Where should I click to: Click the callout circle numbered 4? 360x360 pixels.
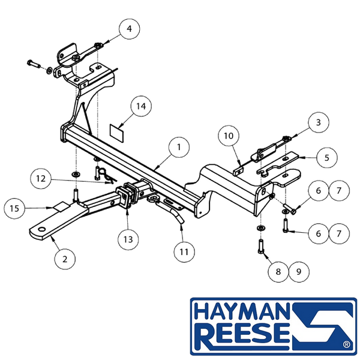point(129,29)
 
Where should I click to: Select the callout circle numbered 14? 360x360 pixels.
point(141,107)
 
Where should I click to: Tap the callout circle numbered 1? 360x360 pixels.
point(179,147)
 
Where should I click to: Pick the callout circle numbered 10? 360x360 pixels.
point(229,136)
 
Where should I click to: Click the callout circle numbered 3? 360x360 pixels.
point(319,122)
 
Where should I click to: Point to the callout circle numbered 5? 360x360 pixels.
point(327,158)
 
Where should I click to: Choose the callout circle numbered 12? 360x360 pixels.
point(41,179)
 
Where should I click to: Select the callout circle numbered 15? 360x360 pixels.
point(14,209)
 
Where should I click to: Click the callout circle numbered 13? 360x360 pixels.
point(128,239)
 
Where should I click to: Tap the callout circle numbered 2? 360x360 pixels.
point(65,259)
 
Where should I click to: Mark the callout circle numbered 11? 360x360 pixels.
point(184,252)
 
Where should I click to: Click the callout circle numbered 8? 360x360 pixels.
point(278,272)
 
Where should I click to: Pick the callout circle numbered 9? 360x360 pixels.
point(299,272)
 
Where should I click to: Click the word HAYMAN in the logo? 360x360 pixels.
point(242,312)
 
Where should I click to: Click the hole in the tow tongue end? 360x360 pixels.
point(42,230)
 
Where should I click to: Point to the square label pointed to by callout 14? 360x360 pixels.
point(117,133)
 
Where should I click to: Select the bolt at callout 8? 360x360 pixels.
point(262,247)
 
